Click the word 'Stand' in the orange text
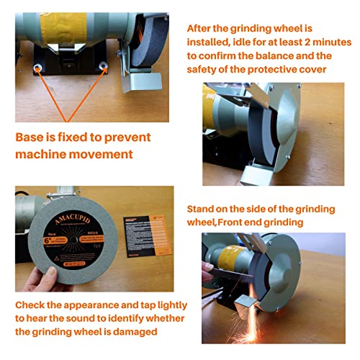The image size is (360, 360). pyautogui.click(x=204, y=209)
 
